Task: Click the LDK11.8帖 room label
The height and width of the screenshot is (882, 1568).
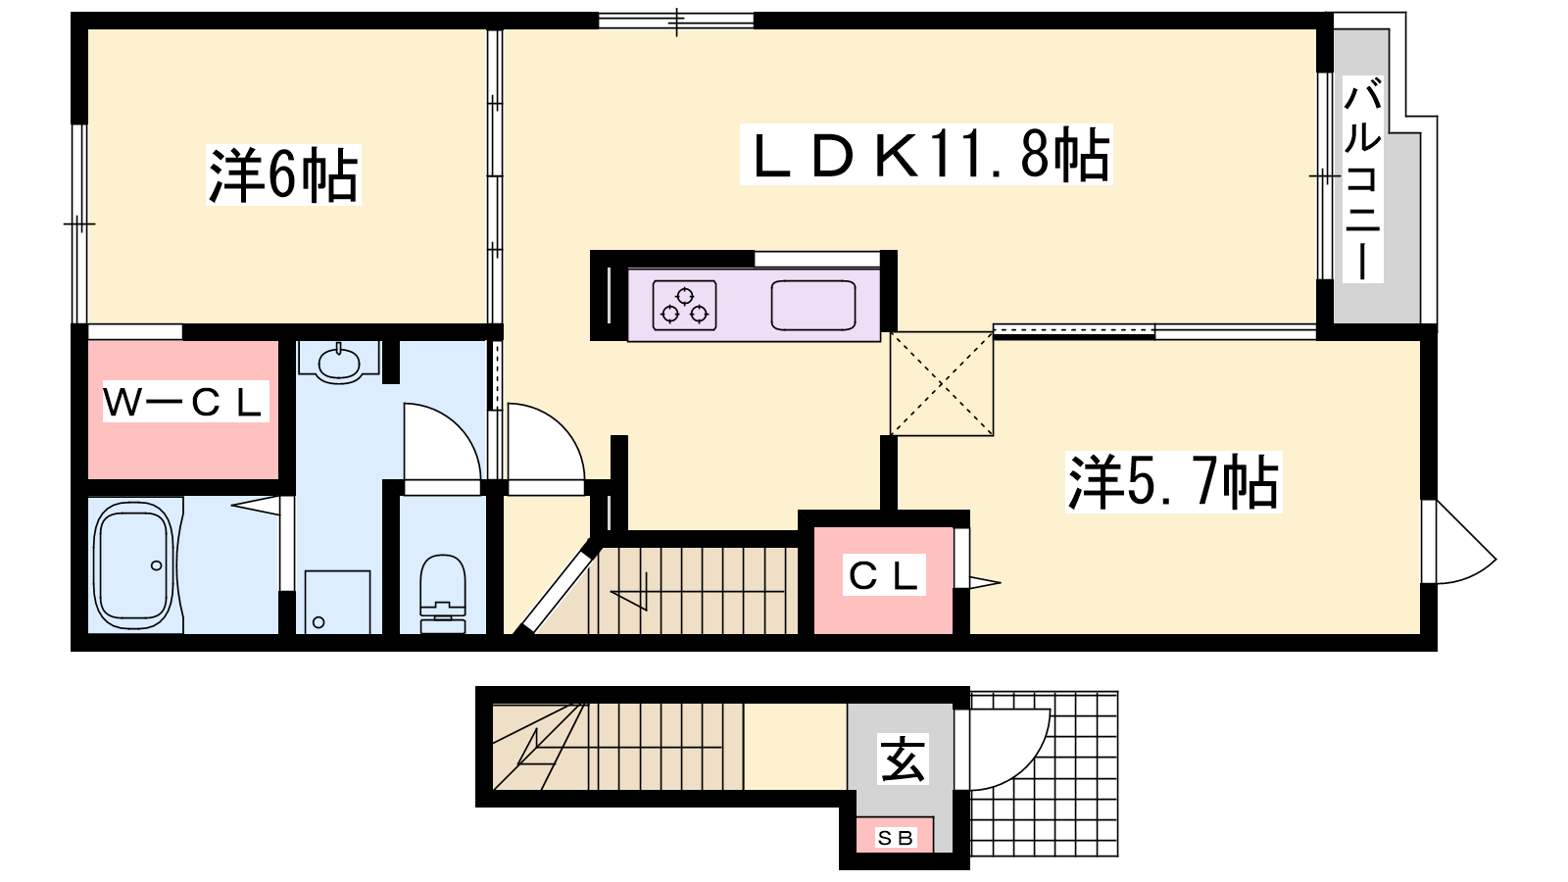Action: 926,155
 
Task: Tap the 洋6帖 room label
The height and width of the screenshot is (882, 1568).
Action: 283,175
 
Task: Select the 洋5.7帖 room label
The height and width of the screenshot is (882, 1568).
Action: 1173,481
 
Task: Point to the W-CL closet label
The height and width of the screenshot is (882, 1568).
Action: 185,401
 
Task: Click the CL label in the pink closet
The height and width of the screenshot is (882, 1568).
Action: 883,575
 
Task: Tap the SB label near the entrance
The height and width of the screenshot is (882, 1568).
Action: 895,837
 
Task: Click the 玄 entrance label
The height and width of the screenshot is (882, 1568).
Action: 903,759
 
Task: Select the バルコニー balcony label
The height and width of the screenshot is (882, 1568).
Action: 1362,181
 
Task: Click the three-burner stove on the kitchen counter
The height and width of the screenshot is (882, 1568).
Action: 685,305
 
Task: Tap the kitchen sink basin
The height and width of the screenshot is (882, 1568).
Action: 813,305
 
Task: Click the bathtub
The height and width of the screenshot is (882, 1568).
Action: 133,565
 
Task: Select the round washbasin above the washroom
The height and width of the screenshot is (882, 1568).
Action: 339,363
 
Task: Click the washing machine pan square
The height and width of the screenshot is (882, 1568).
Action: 337,602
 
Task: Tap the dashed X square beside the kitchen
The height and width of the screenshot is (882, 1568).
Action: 942,383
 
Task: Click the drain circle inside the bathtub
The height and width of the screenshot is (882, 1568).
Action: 157,565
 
